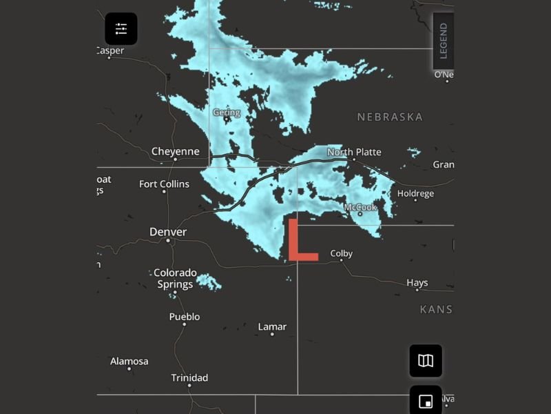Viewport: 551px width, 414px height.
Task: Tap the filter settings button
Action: tap(121, 29)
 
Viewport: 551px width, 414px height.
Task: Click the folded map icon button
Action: tap(426, 360)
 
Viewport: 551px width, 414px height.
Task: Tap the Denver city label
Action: tap(168, 232)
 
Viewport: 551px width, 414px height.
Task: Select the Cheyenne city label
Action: tap(175, 152)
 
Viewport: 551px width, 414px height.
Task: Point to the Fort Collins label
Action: tap(164, 184)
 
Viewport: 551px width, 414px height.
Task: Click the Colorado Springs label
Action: tap(175, 278)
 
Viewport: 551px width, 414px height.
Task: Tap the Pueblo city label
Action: tap(185, 317)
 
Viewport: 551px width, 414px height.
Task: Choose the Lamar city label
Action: tap(272, 326)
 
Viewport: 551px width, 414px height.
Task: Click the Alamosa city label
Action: tap(129, 362)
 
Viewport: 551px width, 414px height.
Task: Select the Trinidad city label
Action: tap(189, 378)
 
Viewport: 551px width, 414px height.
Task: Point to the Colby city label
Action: tap(341, 253)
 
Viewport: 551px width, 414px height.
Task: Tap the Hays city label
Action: tap(417, 283)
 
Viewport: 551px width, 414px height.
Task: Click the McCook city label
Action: tap(360, 207)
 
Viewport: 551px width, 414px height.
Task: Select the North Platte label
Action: tap(354, 152)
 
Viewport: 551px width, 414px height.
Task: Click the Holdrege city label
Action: tap(415, 193)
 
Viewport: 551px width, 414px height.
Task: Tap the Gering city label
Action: tap(226, 112)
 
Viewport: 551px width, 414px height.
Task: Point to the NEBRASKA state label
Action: tap(390, 117)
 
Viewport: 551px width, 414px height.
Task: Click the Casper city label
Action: tap(110, 50)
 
